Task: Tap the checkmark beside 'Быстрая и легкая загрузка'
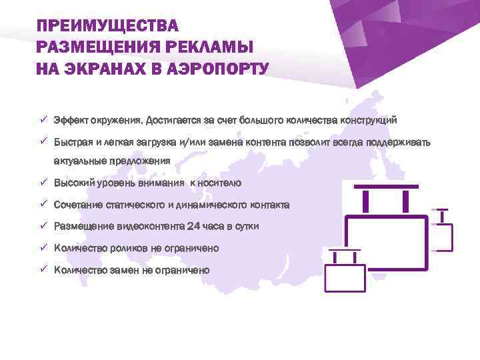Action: pos(41,141)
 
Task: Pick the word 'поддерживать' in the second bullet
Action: pos(398,142)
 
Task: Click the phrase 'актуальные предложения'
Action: pos(112,161)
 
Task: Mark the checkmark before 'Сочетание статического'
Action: pos(41,204)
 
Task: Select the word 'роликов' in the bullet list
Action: pos(127,248)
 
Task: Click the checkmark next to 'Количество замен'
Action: pos(41,269)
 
